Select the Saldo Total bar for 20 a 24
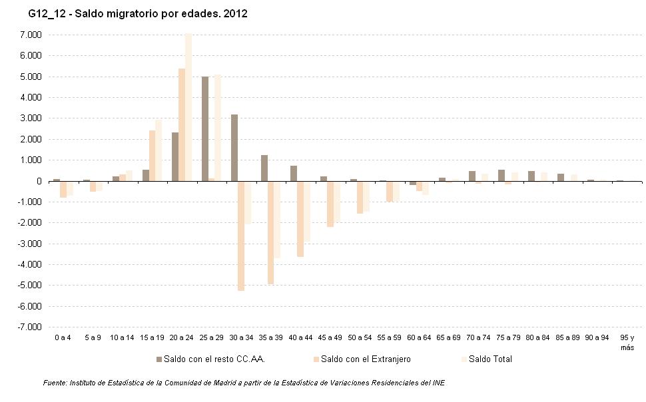point(188,107)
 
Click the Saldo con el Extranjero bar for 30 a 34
point(241,236)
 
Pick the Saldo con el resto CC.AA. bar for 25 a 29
point(205,128)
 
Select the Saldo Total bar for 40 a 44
point(307,211)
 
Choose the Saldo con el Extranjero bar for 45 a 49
point(330,204)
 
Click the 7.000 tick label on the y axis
point(31,35)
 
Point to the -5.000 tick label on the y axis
point(30,286)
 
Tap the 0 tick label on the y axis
point(39,181)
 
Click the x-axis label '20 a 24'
point(181,339)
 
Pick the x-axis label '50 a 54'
point(359,339)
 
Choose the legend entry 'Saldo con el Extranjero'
point(365,359)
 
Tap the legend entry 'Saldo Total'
point(489,359)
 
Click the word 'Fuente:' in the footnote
point(55,383)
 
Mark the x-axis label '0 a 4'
point(63,339)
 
